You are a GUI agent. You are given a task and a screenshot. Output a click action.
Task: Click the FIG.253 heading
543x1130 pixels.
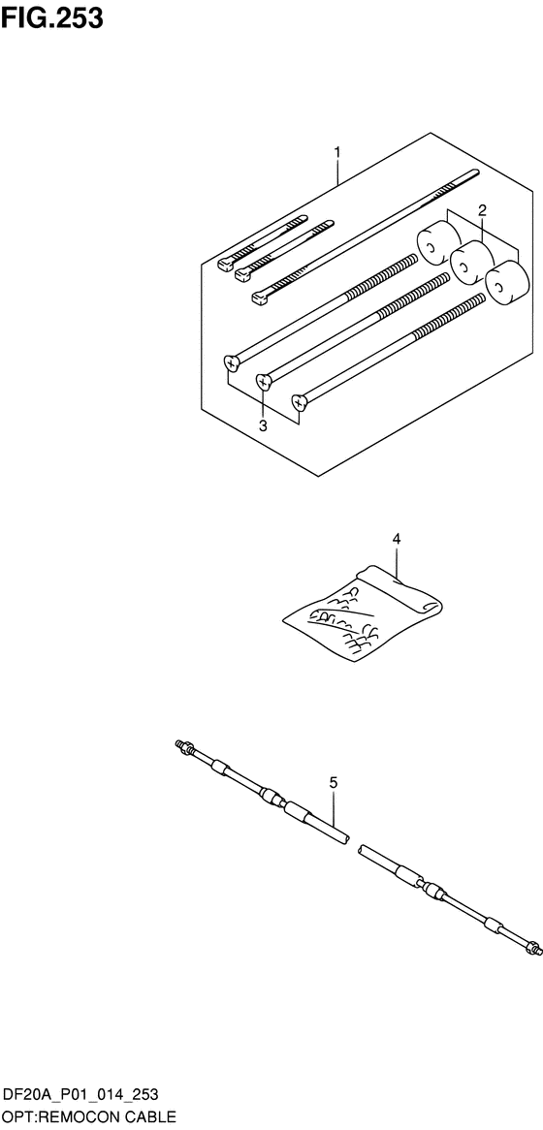click(52, 17)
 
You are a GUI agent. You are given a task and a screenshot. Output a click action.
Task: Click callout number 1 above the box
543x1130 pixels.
click(336, 152)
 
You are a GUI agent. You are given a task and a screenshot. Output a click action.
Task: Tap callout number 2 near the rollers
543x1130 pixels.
click(482, 210)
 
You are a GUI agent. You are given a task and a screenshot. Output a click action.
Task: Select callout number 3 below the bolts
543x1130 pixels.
click(263, 425)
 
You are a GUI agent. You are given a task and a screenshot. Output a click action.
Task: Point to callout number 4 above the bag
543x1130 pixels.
click(396, 538)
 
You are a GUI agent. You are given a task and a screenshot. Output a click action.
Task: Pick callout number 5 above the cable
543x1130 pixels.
click(334, 782)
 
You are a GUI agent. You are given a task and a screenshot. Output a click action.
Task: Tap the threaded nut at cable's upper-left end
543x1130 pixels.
click(181, 746)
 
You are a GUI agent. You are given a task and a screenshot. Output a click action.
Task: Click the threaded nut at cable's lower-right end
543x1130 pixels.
click(533, 947)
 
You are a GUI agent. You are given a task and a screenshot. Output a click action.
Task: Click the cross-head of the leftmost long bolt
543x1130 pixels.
click(232, 361)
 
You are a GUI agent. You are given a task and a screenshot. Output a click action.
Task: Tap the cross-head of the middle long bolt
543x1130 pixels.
click(265, 380)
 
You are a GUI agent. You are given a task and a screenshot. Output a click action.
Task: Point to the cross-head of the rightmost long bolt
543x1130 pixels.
click(300, 400)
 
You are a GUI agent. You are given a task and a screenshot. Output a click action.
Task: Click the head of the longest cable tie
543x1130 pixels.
click(260, 297)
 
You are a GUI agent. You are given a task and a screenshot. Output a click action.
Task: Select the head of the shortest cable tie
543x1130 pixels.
click(226, 265)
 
